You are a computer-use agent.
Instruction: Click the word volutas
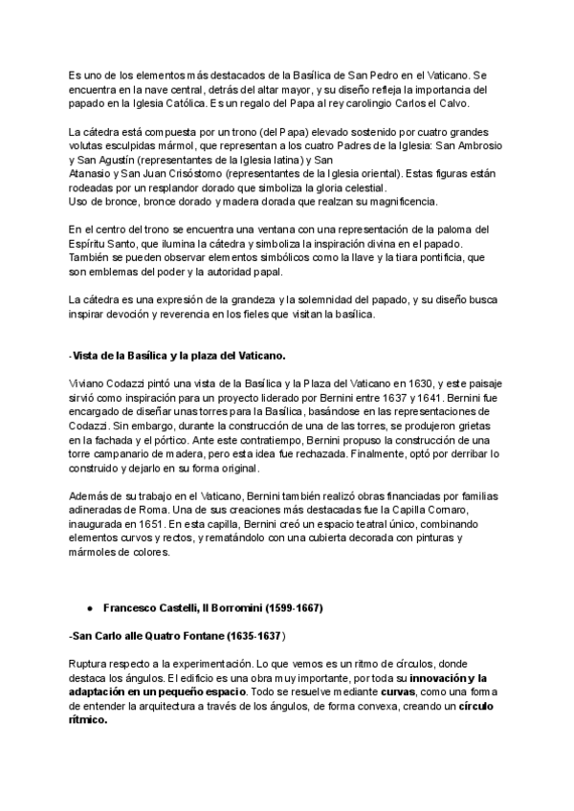click(x=93, y=146)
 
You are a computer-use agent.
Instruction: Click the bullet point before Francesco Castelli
click(x=89, y=608)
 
